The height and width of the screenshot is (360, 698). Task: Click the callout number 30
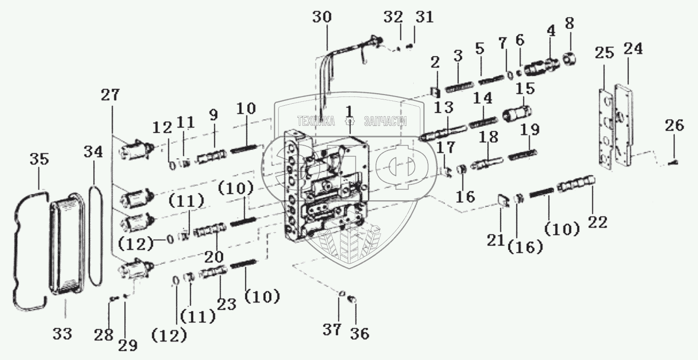tap(322, 17)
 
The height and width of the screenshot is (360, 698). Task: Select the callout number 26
tap(674, 126)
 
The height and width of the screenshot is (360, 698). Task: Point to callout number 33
tap(63, 333)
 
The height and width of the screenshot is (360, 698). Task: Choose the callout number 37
tap(332, 330)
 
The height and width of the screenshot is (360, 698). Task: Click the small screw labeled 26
tap(673, 163)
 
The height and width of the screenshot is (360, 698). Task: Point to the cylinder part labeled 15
tap(517, 114)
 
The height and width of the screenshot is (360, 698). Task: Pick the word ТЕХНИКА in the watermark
tap(316, 121)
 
